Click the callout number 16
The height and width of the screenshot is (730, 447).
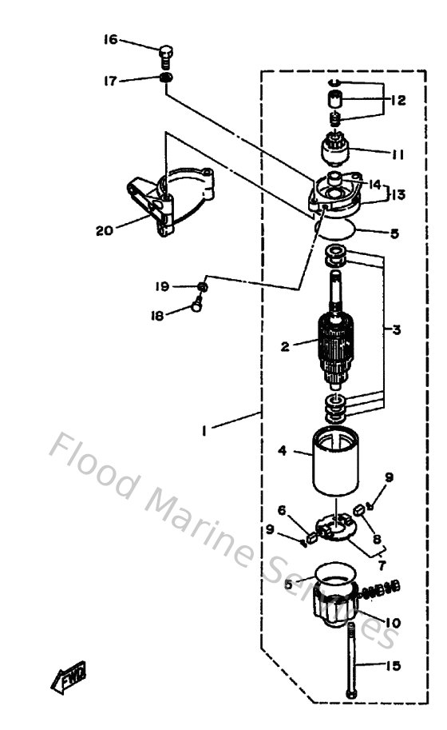[x=110, y=39]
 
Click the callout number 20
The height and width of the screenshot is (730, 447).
[x=104, y=231]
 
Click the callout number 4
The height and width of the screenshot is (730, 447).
[x=282, y=451]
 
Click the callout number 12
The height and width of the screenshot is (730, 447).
[x=398, y=101]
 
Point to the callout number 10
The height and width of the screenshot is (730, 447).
[x=393, y=622]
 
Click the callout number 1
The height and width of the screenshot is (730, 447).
[x=206, y=432]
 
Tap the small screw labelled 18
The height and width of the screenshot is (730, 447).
[x=196, y=305]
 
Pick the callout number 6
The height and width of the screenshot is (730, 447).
[x=282, y=509]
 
